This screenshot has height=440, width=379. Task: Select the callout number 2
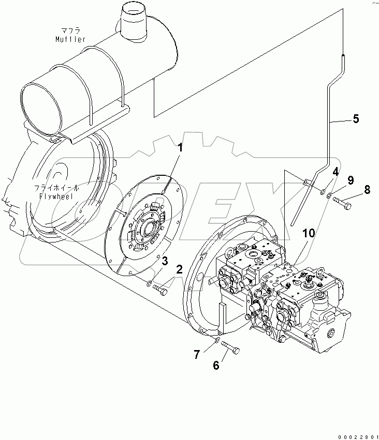pyautogui.click(x=179, y=269)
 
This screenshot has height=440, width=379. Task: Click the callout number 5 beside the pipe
pyautogui.click(x=355, y=119)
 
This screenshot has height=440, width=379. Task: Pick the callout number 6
pyautogui.click(x=216, y=366)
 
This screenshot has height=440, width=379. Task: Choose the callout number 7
pyautogui.click(x=197, y=354)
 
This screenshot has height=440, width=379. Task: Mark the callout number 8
pyautogui.click(x=367, y=190)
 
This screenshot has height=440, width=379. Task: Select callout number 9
pyautogui.click(x=351, y=180)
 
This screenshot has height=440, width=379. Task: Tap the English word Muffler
pyautogui.click(x=71, y=39)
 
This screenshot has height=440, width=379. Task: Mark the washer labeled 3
pyautogui.click(x=149, y=283)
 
